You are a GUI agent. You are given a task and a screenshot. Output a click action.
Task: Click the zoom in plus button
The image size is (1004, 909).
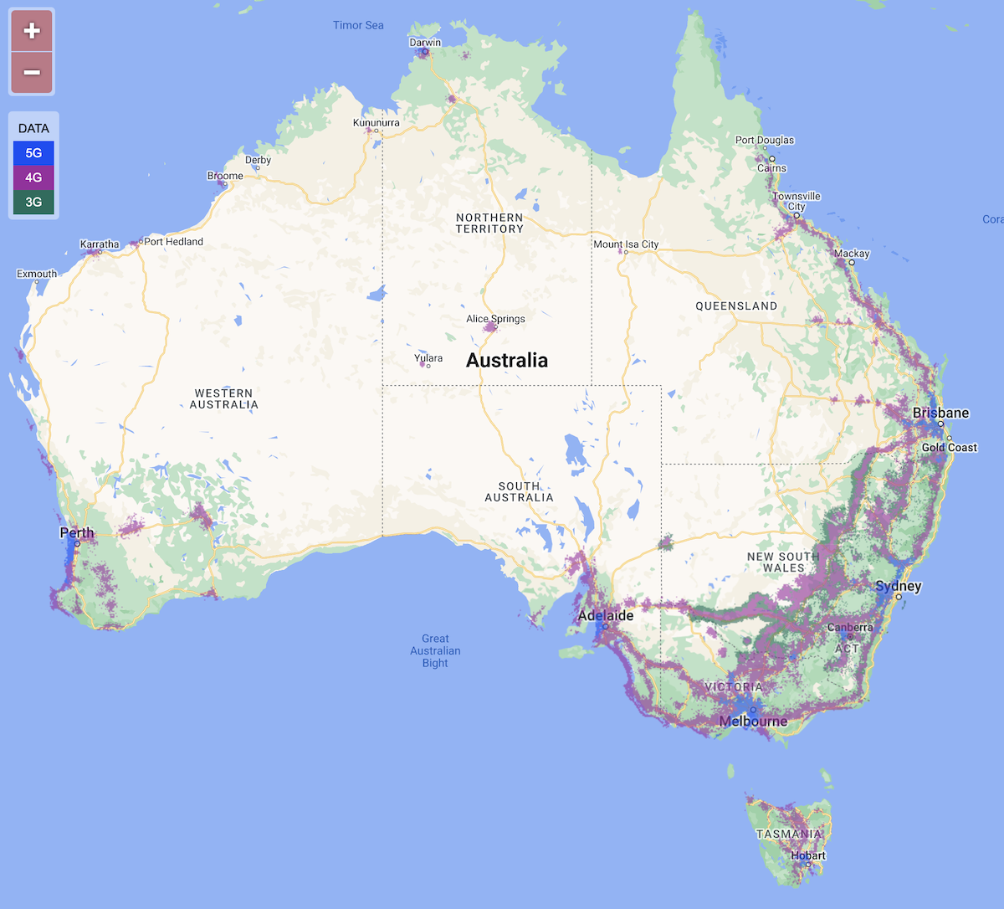[32, 31]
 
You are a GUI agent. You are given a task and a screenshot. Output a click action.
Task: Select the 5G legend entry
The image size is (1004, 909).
[33, 153]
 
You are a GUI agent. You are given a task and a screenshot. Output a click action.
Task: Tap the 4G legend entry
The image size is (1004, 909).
[33, 177]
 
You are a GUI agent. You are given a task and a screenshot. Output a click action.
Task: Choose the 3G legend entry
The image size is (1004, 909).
[33, 202]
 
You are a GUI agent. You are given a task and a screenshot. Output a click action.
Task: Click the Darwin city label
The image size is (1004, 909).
[425, 43]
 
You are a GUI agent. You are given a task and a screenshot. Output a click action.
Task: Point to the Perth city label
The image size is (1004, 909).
[77, 533]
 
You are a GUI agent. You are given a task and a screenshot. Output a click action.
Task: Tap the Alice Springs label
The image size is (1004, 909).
[495, 319]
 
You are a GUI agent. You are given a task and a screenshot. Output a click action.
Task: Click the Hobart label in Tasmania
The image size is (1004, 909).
[808, 855]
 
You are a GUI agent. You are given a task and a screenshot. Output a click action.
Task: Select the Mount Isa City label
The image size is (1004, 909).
[626, 244]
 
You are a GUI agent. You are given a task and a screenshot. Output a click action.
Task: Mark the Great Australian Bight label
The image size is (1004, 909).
[435, 650]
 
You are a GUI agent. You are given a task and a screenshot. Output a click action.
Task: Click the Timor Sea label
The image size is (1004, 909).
[358, 25]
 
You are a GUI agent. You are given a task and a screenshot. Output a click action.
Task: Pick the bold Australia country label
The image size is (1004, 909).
[507, 361]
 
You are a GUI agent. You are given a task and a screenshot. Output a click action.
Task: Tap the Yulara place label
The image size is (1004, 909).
[428, 358]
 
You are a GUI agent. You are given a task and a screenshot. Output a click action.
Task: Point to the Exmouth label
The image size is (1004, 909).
[37, 274]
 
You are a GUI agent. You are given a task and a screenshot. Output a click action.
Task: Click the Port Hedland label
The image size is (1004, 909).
[173, 242]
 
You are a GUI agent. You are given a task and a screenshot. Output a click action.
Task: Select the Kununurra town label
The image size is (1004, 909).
[376, 123]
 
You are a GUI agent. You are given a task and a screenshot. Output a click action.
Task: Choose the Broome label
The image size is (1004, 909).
[225, 176]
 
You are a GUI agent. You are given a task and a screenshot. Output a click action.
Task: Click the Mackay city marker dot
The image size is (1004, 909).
[852, 263]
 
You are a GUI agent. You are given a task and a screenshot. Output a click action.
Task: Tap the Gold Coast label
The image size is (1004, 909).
[949, 448]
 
